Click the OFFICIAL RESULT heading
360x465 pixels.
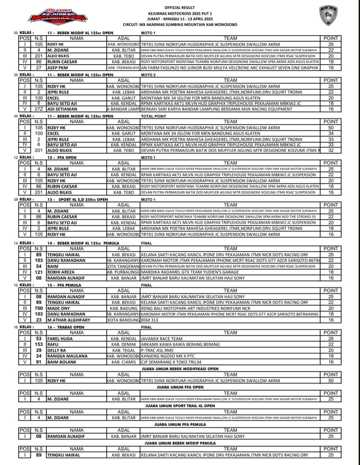point(180,8)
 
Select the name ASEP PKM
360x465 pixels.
point(57,68)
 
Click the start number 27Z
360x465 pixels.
point(39,109)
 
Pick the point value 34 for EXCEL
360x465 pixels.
point(331,133)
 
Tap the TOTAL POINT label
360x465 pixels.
point(154,116)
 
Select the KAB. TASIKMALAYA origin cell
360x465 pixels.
point(124,68)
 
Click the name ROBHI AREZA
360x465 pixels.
point(61,272)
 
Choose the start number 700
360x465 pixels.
point(39,308)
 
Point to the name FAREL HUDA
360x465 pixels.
point(60,338)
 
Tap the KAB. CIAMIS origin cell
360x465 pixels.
point(124,362)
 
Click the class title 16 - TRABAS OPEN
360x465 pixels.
point(66,327)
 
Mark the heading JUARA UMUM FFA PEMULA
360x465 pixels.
point(180,424)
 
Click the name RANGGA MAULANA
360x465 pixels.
point(67,356)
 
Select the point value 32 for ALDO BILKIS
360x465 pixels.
point(331,150)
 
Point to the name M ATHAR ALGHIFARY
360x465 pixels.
point(69,320)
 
